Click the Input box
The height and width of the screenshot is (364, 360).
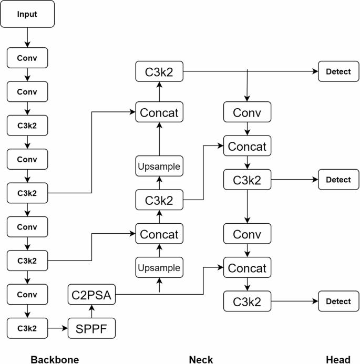27,14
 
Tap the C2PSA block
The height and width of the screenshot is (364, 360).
92,296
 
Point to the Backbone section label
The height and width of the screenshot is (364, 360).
55,359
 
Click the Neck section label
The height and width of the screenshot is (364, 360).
201,359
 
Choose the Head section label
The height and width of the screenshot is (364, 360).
338,359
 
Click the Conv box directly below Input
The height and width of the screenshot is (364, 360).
27,57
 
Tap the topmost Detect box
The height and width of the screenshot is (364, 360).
338,71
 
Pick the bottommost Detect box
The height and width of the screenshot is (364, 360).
338,301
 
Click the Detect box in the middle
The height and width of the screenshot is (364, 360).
338,180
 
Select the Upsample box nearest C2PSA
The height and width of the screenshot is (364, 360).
159,268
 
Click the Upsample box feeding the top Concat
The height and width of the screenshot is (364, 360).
159,167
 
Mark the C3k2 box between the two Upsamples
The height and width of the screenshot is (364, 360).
159,200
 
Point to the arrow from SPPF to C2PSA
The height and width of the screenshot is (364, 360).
92,312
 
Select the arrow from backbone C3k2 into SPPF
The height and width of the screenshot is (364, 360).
58,328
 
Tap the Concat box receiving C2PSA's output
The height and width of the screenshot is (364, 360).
246,268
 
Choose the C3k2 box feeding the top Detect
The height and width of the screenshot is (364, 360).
159,71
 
